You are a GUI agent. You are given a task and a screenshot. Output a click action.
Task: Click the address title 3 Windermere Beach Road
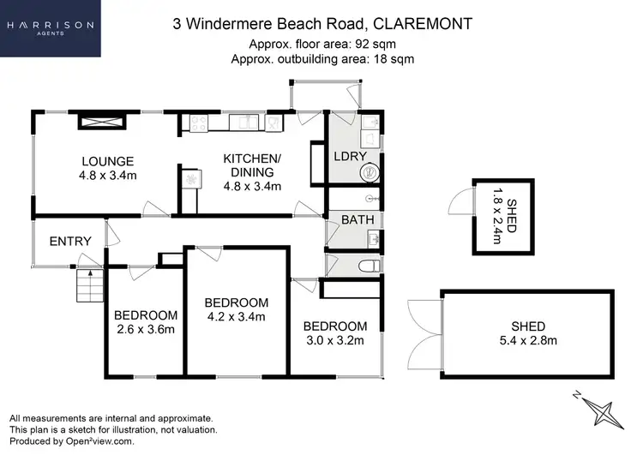pos(321,24)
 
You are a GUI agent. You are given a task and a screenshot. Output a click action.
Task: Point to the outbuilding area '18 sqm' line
pos(321,59)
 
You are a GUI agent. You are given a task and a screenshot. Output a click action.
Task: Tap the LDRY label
pos(352,157)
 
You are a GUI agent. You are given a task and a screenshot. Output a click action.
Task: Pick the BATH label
pos(358,220)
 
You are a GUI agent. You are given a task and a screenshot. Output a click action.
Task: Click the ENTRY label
pos(69,242)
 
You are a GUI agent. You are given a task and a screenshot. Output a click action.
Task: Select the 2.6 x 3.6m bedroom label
pos(146,321)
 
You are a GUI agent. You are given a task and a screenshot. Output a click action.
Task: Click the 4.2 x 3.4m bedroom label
pos(236,310)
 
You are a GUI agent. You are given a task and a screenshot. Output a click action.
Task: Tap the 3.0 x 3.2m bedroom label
pos(334,333)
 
